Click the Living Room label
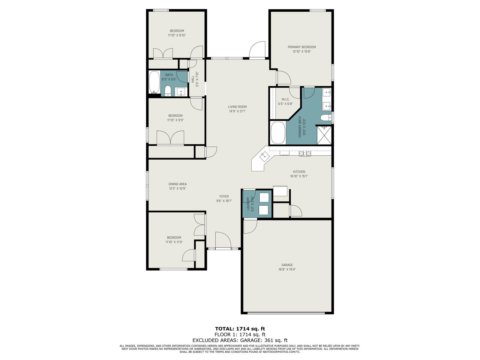point(237,107)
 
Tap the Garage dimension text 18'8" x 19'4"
point(287,269)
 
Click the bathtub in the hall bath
point(154,82)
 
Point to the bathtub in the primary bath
point(278,133)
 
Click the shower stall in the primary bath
point(324,135)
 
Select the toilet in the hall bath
point(168,91)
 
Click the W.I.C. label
point(286,100)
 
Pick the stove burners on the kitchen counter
point(305,153)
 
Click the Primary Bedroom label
point(302,47)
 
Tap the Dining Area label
point(178,184)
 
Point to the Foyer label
point(224,196)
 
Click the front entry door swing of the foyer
point(223,240)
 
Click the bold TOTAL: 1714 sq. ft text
point(240,329)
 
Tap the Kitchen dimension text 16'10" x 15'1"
point(299,176)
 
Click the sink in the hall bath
point(181,91)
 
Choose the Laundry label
point(248,203)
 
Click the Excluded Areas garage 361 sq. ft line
point(240,340)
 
